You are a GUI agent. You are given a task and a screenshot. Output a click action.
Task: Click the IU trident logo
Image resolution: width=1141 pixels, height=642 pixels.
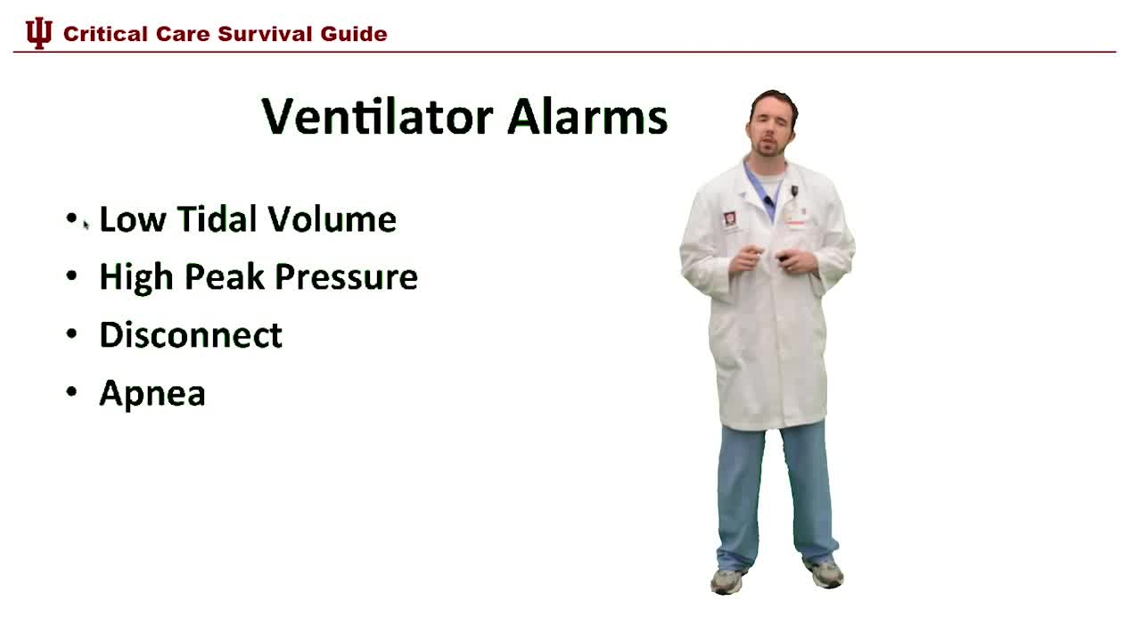pos(38,34)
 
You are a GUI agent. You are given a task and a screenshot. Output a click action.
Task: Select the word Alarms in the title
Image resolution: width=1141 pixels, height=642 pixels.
pos(587,117)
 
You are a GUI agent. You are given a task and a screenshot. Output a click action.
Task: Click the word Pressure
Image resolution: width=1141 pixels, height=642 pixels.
pos(346,277)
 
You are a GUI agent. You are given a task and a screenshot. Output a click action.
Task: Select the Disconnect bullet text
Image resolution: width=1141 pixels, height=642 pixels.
pos(191,335)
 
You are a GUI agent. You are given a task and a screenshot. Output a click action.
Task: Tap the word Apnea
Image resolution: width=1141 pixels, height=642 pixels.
pos(152,393)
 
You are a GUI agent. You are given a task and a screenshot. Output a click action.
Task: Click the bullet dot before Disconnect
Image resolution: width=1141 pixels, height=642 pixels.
pos(72,335)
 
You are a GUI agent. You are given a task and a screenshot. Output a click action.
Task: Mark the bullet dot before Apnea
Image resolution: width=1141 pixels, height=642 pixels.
pos(72,393)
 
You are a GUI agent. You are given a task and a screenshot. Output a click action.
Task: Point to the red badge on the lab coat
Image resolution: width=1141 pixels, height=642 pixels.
pos(730,218)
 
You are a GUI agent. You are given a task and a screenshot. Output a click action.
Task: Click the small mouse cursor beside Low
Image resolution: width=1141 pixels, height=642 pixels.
pos(86,226)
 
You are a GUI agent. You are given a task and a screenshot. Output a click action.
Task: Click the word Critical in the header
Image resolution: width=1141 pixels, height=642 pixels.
pos(105,34)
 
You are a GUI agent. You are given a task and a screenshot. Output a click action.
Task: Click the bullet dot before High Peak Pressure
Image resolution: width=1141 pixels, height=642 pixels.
pos(72,277)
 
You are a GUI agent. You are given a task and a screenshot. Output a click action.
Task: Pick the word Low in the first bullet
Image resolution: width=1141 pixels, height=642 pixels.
pos(133,219)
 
